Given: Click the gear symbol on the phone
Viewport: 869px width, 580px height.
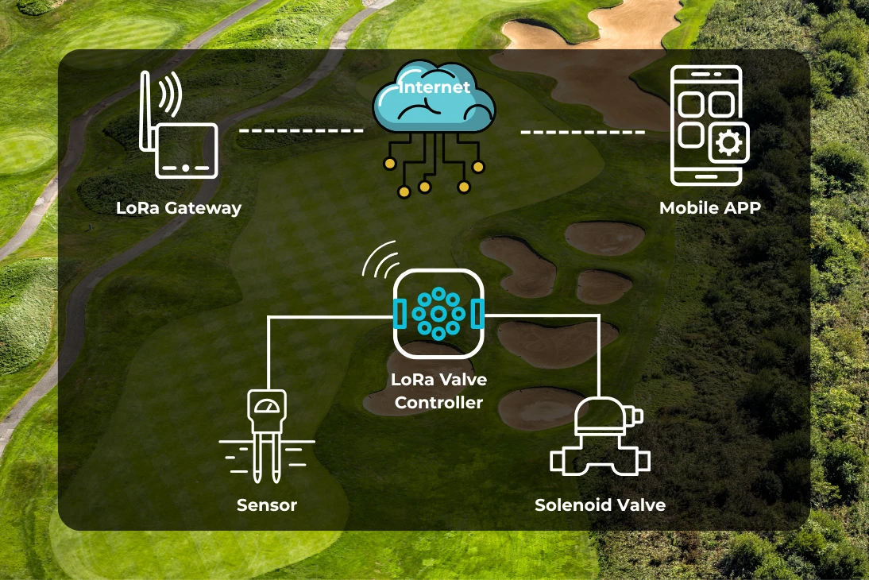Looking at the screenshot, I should coord(728,144).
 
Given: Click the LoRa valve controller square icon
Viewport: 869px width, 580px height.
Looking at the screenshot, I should coord(438,314).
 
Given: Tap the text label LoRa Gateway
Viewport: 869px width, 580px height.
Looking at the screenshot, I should coord(179,209).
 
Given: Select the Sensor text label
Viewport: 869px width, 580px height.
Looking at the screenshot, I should coord(267,505).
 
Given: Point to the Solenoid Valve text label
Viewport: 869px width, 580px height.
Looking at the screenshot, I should coord(600,505).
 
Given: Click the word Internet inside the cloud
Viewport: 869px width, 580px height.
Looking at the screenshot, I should coord(434,87).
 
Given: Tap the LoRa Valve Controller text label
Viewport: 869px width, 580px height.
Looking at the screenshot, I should coord(438,391).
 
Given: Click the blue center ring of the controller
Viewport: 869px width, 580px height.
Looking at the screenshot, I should coord(438,314).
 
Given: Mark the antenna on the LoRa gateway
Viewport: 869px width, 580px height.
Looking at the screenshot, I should coord(146,111).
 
